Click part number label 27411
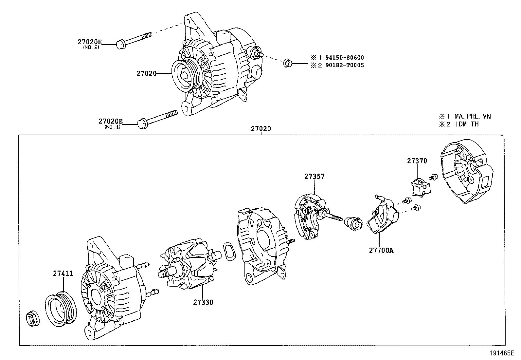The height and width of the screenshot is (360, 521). tap(63, 274)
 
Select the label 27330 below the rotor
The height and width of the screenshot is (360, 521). tap(203, 302)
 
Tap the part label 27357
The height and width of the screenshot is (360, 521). tap(314, 176)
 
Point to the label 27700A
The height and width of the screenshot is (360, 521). tap(381, 251)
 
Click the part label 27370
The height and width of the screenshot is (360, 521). tap(417, 161)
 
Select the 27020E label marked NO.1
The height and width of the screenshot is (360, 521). tap(111, 121)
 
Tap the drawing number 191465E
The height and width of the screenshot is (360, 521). tap(502, 354)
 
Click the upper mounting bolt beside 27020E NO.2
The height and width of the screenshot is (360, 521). tap(134, 40)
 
